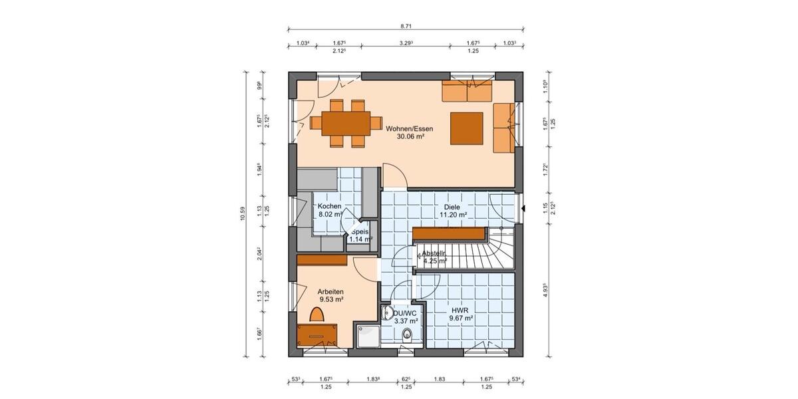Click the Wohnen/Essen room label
404,127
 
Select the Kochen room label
329,206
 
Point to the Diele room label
452,207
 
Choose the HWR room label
460,310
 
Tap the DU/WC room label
405,312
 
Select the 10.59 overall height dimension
243,212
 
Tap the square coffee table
467,128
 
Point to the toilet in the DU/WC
407,335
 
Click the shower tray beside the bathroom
368,336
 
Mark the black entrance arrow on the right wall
524,209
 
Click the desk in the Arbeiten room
317,334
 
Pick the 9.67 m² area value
460,319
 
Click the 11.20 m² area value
452,215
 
